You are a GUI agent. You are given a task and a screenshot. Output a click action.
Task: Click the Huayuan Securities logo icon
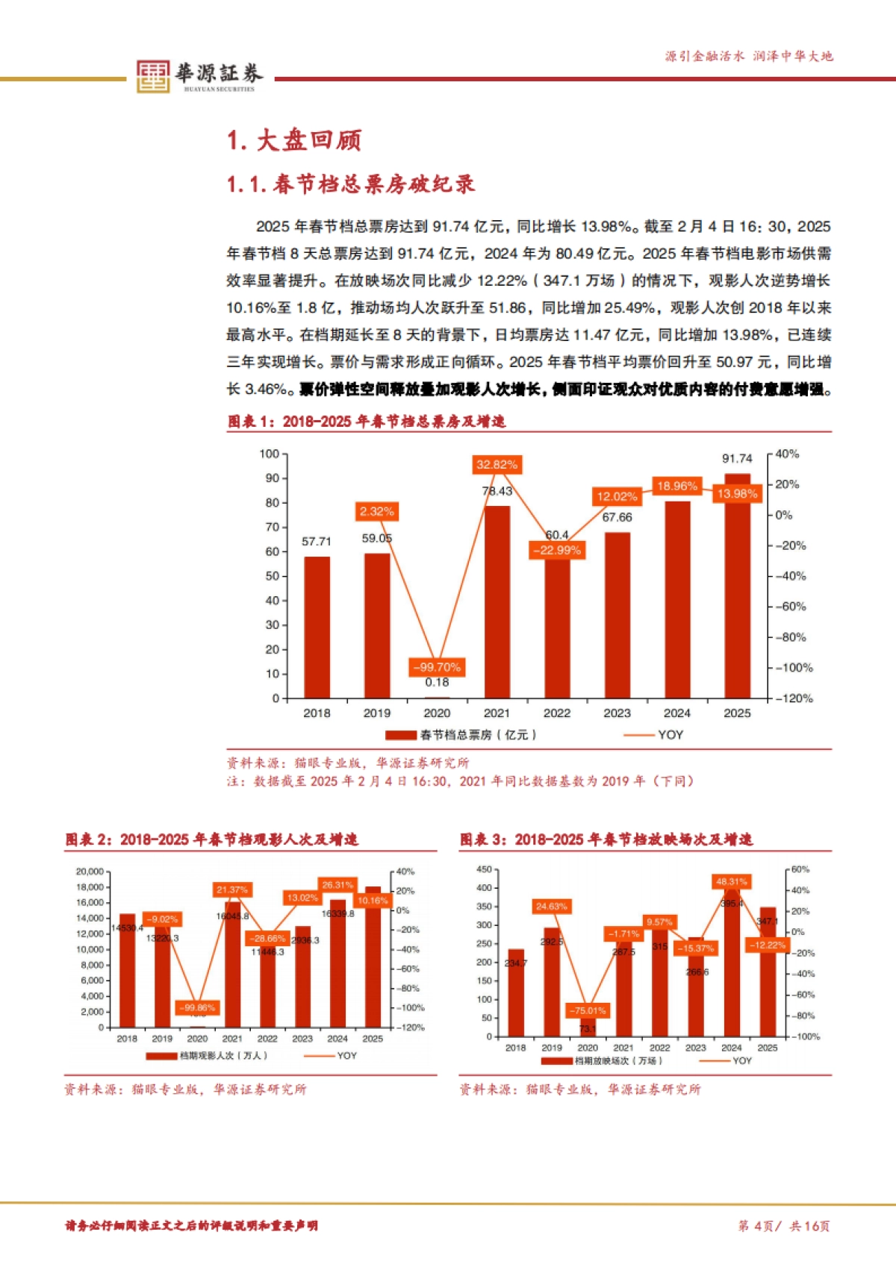pos(153,76)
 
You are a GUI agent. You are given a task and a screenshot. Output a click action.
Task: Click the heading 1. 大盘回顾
pos(294,140)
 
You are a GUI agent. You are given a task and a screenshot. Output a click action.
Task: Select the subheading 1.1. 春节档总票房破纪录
pos(351,184)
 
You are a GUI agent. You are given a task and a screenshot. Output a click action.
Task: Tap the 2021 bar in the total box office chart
pos(497,601)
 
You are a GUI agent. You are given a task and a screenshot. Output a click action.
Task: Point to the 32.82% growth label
pos(497,465)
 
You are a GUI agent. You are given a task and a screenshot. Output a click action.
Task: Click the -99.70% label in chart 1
pos(437,667)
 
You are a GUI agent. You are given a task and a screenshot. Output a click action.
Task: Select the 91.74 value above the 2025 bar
pos(737,458)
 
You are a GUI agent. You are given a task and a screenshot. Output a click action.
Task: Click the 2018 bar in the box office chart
pos(317,627)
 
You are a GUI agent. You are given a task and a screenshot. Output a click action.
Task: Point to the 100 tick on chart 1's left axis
pos(270,454)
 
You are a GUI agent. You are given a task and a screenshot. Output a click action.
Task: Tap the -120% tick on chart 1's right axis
pos(794,698)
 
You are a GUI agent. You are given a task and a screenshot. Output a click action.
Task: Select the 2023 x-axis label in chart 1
pos(617,713)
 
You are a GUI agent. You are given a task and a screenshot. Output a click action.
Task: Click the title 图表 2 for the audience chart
pos(211,839)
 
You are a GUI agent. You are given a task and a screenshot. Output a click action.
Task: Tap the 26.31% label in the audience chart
pos(337,885)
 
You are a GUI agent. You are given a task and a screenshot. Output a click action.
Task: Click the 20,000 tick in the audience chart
pos(90,872)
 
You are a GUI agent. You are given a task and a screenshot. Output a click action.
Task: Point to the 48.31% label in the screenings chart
pos(732,882)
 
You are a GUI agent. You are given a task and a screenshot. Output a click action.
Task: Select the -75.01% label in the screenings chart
pos(588,1011)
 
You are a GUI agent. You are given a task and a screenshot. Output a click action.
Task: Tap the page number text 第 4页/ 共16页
pos(784,1226)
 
